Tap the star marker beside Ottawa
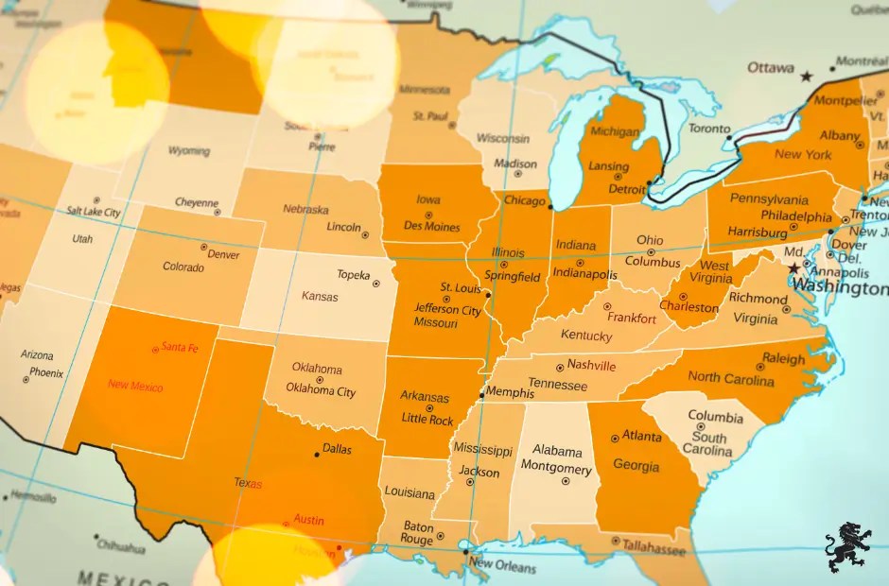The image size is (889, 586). pyautogui.click(x=807, y=76)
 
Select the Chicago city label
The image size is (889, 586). pyautogui.click(x=524, y=201)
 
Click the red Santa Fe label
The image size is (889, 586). pyautogui.click(x=180, y=348)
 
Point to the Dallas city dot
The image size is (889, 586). pyautogui.click(x=317, y=455)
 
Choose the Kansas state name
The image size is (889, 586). pyautogui.click(x=320, y=296)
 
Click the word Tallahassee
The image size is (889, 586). pyautogui.click(x=654, y=548)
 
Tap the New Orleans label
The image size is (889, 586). pyautogui.click(x=502, y=565)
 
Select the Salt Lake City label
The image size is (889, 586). pyautogui.click(x=94, y=213)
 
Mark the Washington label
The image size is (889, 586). pyautogui.click(x=840, y=286)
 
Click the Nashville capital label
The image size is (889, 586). pyautogui.click(x=591, y=366)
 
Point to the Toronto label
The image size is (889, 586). pyautogui.click(x=709, y=129)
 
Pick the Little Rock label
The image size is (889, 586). pyautogui.click(x=427, y=419)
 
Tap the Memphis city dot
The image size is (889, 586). pyautogui.click(x=482, y=394)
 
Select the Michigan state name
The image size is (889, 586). pyautogui.click(x=615, y=131)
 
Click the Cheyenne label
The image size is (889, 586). pyautogui.click(x=197, y=203)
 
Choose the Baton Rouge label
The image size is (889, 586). pyautogui.click(x=418, y=533)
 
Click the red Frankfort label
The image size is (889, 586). pyautogui.click(x=632, y=319)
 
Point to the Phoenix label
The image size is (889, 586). pyautogui.click(x=45, y=373)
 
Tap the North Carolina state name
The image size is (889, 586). pyautogui.click(x=729, y=377)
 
